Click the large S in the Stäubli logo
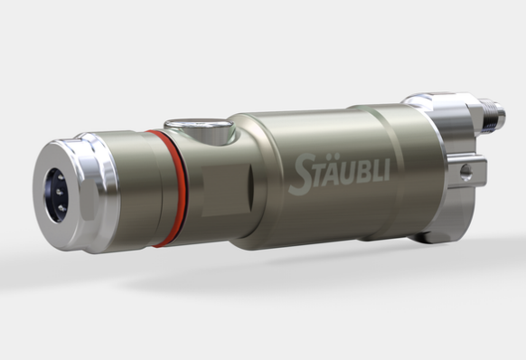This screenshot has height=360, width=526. click(302, 175)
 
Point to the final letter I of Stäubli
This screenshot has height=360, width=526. click(386, 170)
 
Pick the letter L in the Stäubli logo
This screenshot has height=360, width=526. click(376, 171)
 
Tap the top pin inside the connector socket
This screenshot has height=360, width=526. click(61, 177)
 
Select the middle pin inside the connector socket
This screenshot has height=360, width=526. click(59, 192)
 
